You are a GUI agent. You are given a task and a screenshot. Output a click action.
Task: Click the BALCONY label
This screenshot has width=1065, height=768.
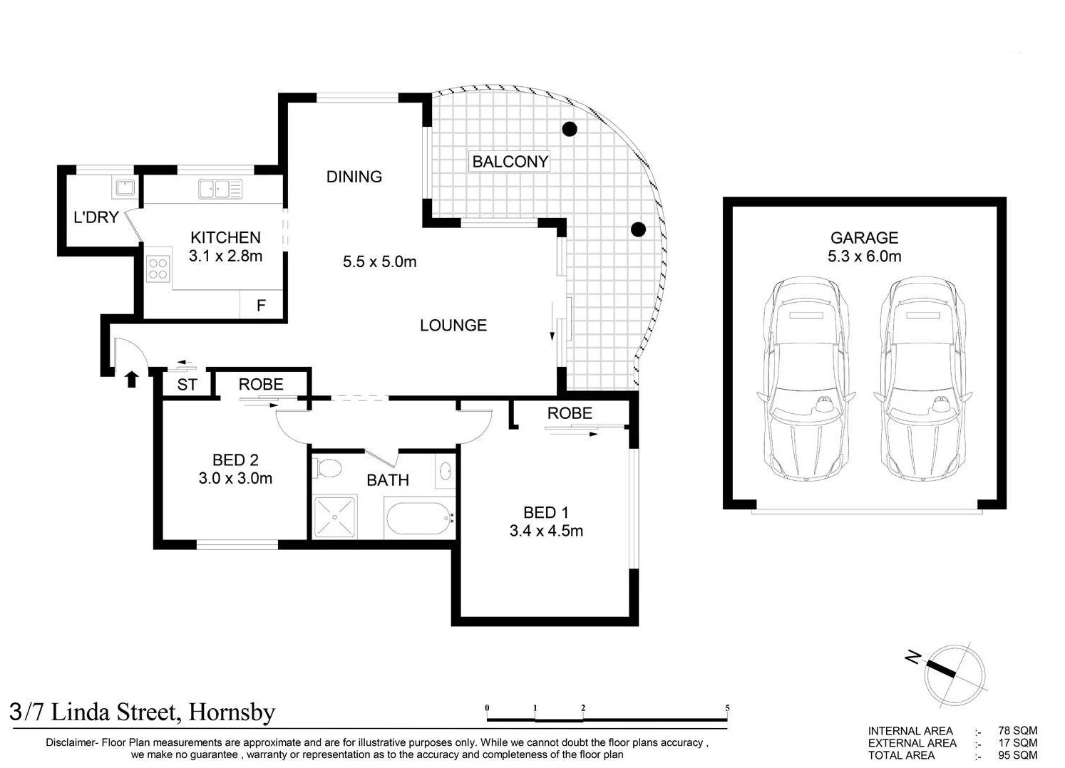510,162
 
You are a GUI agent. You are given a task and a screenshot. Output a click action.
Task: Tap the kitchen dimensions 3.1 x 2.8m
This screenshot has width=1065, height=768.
225,256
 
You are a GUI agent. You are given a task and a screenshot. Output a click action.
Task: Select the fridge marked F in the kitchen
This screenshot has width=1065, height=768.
261,306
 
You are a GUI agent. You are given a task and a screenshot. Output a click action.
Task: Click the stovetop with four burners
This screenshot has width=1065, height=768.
158,269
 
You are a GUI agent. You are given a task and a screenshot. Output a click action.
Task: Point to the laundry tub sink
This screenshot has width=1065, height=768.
124,189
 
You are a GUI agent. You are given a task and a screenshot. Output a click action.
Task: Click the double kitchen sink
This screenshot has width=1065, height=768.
220,189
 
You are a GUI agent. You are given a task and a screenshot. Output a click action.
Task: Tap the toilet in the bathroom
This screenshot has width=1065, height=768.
328,468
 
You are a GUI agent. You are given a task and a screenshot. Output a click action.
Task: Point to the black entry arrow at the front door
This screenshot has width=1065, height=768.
131,378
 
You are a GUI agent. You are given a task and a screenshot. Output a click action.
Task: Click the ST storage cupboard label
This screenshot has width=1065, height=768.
187,385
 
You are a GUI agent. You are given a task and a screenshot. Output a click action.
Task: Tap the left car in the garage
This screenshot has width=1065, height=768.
806,379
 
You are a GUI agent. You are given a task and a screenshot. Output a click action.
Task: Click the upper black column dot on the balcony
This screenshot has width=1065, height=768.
569,129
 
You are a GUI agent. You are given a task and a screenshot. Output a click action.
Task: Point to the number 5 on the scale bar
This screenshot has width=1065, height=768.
727,708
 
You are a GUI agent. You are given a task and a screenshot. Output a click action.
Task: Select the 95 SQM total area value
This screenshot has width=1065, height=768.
1017,755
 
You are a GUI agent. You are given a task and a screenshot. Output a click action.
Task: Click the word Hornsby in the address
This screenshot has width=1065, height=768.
232,712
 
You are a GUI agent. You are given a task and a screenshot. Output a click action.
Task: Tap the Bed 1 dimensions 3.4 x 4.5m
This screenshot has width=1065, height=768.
546,531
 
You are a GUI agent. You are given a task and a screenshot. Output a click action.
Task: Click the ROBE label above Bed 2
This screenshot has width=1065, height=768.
261,385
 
